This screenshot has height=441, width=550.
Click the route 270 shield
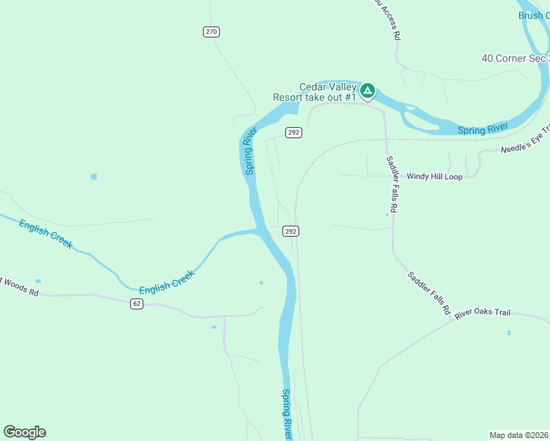point(212,32)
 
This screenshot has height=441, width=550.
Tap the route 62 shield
point(137,303)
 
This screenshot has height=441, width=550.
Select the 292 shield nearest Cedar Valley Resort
point(293,132)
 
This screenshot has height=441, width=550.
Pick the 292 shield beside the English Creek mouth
point(290,231)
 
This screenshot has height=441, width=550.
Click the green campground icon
point(368,91)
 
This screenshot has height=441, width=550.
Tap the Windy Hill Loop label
point(435,176)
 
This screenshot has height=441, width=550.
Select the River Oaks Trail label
point(482,313)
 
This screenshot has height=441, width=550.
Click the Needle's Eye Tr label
point(525,145)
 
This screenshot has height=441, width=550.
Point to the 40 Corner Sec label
point(515,58)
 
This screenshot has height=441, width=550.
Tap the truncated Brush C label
point(533,15)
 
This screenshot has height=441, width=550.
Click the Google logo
point(24,432)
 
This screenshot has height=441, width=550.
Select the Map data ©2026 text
point(518,435)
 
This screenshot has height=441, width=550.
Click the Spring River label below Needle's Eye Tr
point(483,130)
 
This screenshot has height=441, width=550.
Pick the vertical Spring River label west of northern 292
point(250,151)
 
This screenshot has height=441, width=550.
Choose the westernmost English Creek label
point(46,234)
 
